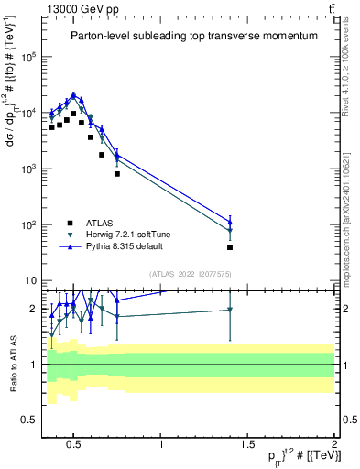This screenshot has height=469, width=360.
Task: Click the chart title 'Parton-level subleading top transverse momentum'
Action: click(194, 36)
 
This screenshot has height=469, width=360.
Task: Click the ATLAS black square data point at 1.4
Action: click(230, 247)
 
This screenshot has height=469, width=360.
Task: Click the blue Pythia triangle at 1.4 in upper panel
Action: click(230, 222)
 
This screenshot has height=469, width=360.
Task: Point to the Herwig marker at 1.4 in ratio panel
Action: click(230, 310)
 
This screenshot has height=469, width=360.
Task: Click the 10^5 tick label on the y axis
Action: click(27, 57)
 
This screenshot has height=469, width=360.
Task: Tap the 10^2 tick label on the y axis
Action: click(27, 225)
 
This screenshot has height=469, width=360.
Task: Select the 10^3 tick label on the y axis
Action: click(27, 169)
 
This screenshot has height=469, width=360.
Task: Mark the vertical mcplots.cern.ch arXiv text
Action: click(349, 210)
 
